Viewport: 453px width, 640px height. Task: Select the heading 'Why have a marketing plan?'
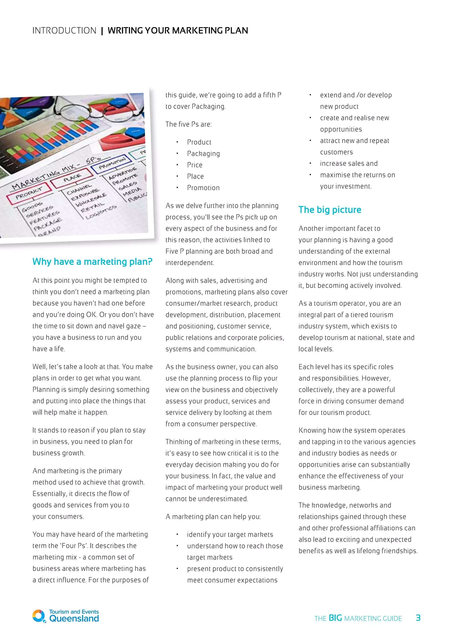(x=92, y=261)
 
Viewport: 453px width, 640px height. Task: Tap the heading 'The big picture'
(x=330, y=210)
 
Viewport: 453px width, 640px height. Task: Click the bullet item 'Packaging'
(x=203, y=154)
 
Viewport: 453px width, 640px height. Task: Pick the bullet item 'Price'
(x=195, y=165)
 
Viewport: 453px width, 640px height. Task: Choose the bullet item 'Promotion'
(x=203, y=188)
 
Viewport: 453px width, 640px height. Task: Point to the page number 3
(x=418, y=618)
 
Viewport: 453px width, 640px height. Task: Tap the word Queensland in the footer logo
(x=74, y=619)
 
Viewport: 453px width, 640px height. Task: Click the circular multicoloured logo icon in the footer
(x=38, y=616)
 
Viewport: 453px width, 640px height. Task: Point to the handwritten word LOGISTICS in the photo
(x=101, y=212)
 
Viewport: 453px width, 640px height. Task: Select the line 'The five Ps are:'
(x=188, y=124)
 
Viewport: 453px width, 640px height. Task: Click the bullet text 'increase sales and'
(x=349, y=164)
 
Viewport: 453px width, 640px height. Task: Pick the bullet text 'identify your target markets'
(x=230, y=534)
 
